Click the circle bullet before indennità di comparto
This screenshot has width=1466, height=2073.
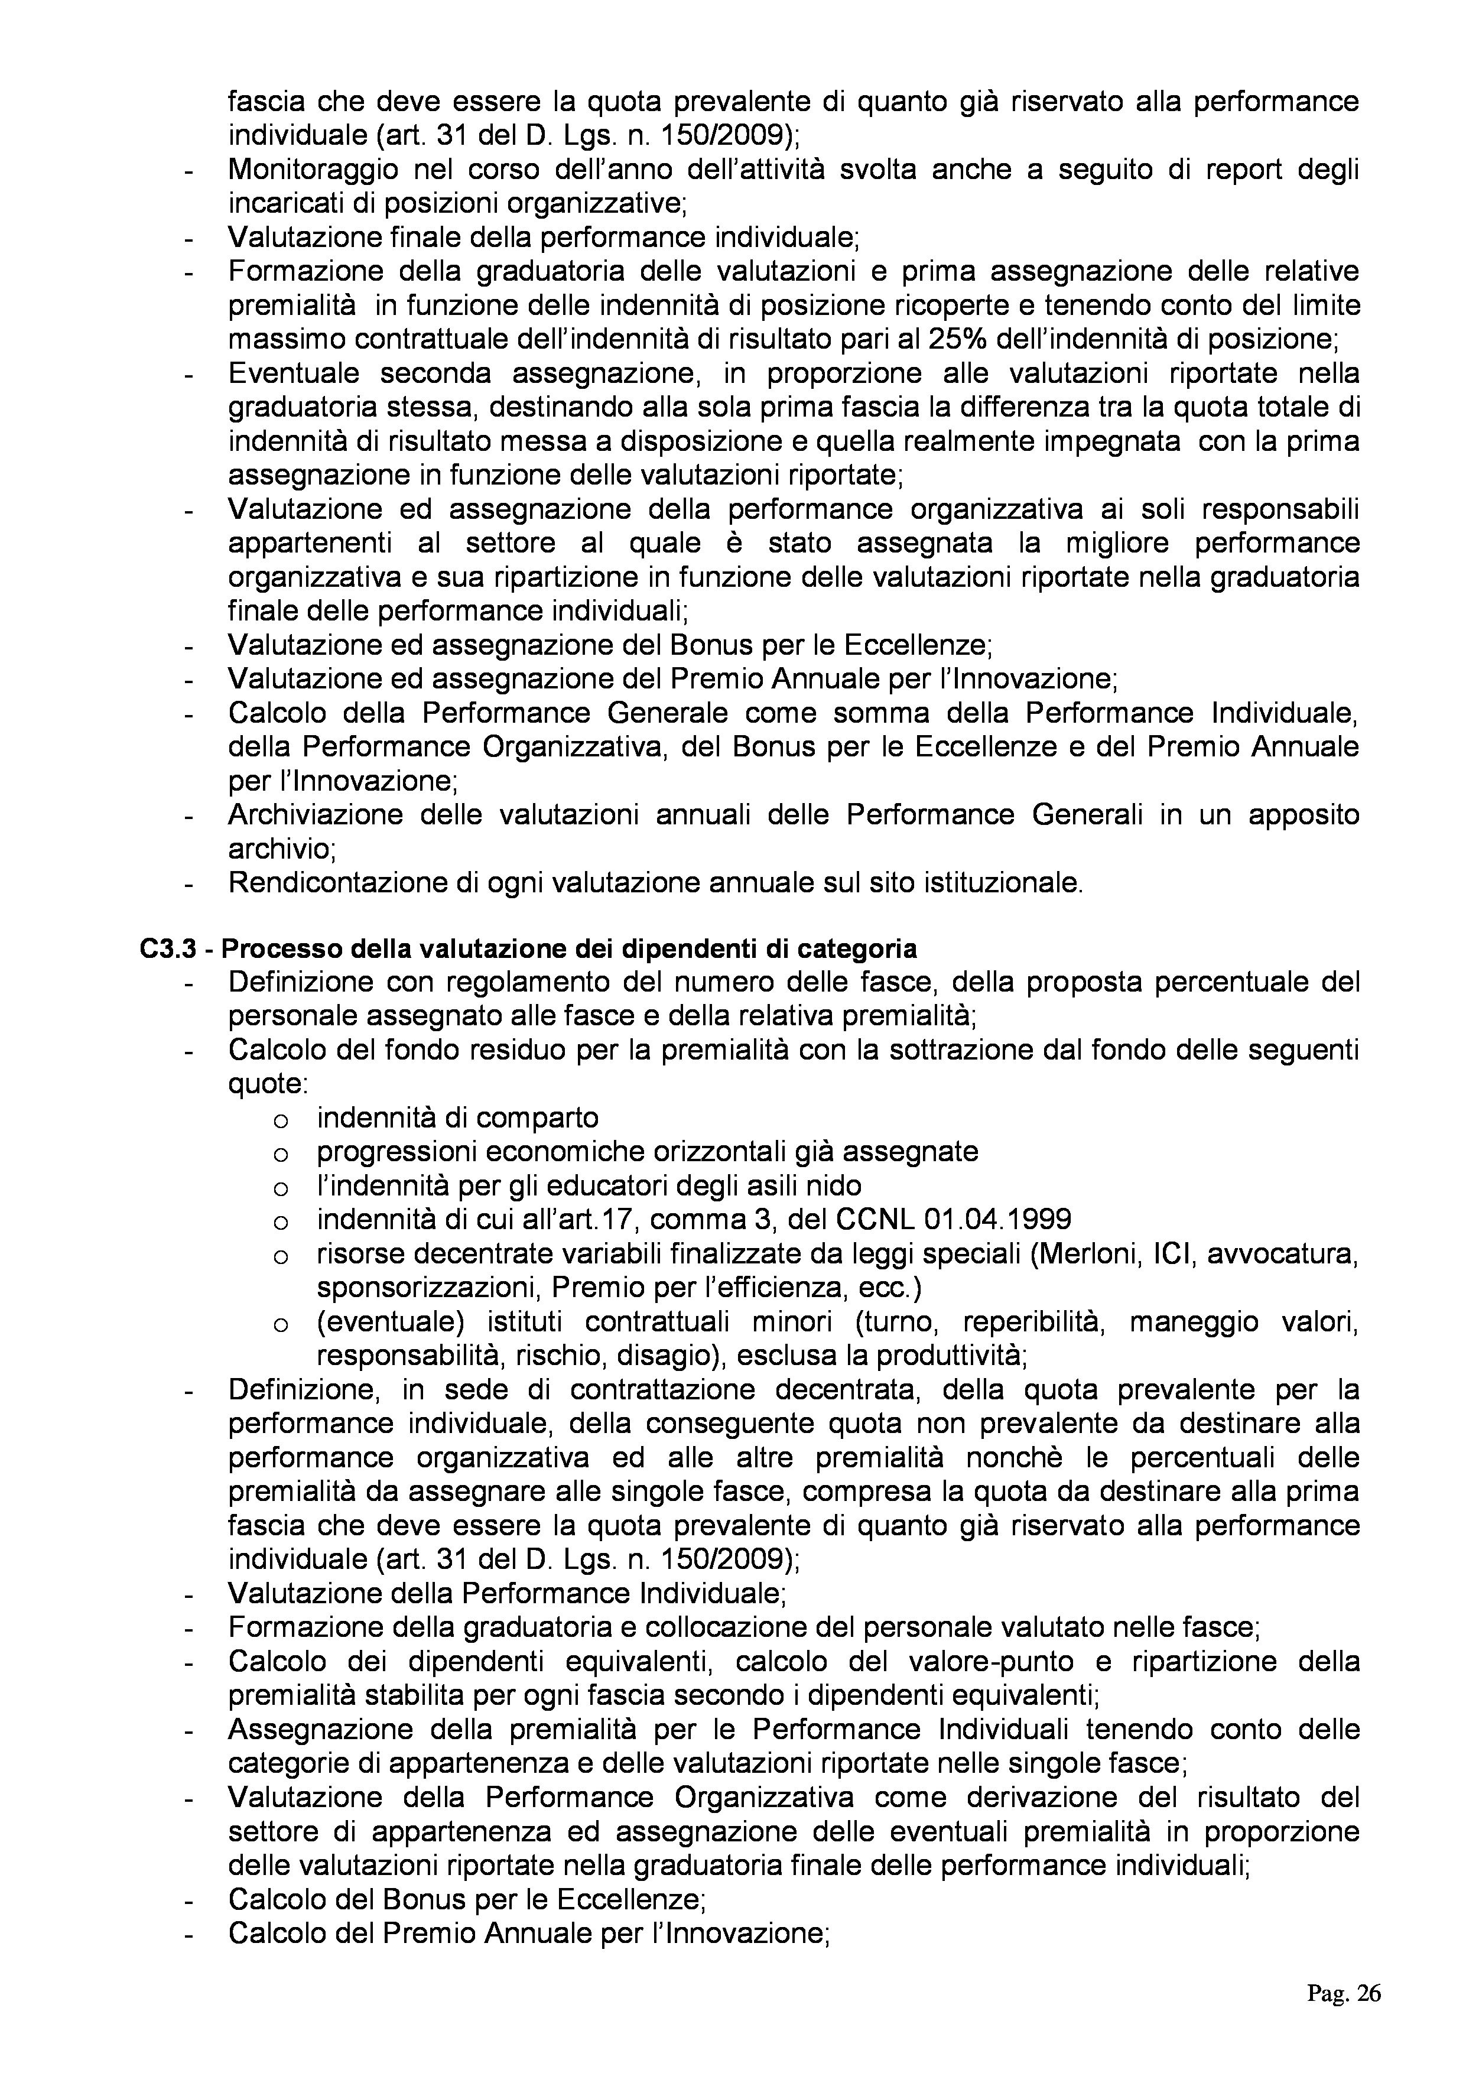(x=280, y=1120)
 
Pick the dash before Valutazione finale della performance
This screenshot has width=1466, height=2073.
(x=190, y=239)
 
